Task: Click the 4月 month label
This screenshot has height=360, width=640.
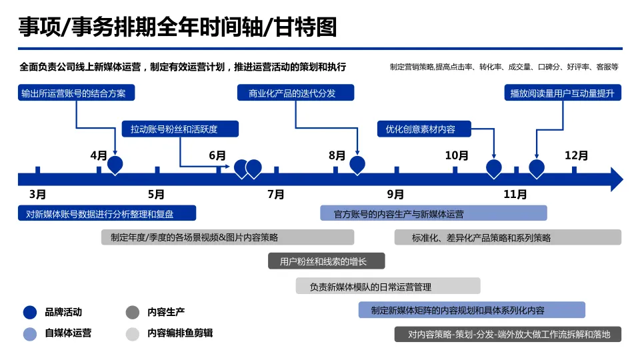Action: click(x=99, y=156)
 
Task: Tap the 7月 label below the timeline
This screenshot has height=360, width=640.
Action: click(x=276, y=195)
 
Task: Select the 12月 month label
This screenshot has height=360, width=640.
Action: click(x=576, y=156)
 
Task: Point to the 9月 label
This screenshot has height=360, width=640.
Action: click(x=395, y=195)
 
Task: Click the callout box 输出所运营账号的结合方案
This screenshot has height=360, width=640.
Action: click(x=77, y=93)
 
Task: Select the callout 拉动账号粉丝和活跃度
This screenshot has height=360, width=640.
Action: click(x=179, y=129)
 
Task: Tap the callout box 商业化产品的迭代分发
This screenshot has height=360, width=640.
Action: click(x=296, y=93)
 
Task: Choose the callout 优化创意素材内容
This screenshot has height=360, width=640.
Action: click(x=425, y=129)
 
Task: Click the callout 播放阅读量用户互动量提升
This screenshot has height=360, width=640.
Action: click(x=562, y=93)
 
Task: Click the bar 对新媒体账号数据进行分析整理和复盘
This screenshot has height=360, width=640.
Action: click(x=107, y=213)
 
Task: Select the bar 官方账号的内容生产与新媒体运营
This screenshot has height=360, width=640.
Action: click(x=433, y=213)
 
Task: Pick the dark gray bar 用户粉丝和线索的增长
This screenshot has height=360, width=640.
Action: click(x=327, y=261)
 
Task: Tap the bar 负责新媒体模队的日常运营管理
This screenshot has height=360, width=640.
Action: click(x=388, y=286)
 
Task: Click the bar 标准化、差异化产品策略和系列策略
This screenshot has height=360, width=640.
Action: click(x=508, y=237)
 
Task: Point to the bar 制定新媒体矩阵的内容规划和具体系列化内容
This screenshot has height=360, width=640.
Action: click(x=472, y=310)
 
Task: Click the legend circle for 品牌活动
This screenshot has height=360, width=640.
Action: click(x=30, y=312)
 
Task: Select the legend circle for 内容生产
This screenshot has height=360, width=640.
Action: click(x=133, y=312)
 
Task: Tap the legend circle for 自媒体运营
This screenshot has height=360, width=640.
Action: click(x=30, y=333)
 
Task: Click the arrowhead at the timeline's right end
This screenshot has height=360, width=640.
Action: click(x=616, y=179)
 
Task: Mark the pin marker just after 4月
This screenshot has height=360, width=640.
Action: click(x=115, y=164)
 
